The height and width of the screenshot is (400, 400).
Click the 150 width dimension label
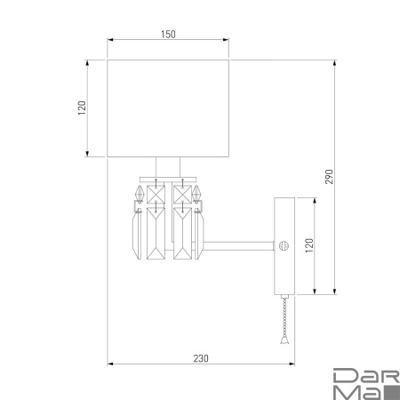pyautogui.click(x=168, y=34)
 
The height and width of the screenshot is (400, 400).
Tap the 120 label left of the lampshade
pyautogui.click(x=81, y=109)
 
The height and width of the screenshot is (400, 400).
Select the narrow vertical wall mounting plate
pyautogui.click(x=285, y=244)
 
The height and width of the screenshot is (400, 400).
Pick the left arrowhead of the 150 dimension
pyautogui.click(x=110, y=40)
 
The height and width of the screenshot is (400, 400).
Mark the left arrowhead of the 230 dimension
pyautogui.click(x=110, y=364)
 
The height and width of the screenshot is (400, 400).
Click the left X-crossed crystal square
pyautogui.click(x=156, y=193)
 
